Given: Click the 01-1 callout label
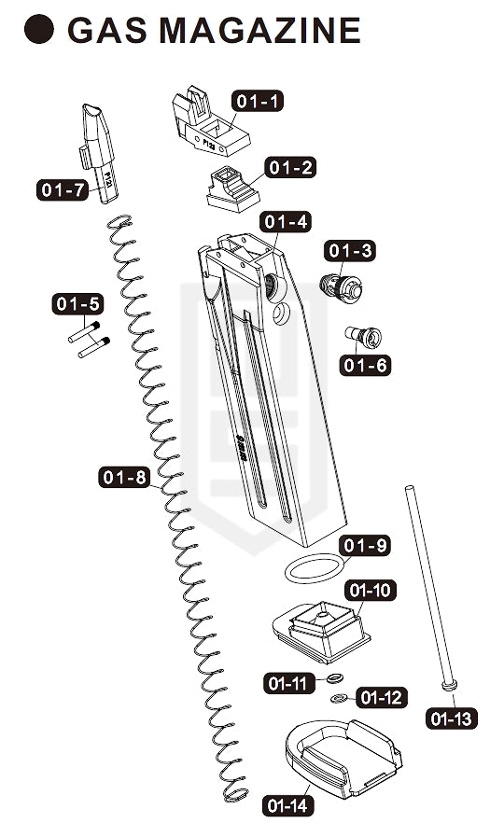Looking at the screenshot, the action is pyautogui.click(x=258, y=101).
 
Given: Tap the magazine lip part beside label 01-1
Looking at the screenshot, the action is pyautogui.click(x=209, y=122).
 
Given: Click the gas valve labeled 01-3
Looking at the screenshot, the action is pyautogui.click(x=341, y=286).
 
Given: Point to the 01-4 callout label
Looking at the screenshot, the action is pyautogui.click(x=286, y=221).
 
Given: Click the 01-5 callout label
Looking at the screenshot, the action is pyautogui.click(x=78, y=304).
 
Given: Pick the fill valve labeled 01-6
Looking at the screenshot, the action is pyautogui.click(x=362, y=336).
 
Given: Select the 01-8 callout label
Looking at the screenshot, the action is pyautogui.click(x=124, y=477).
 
